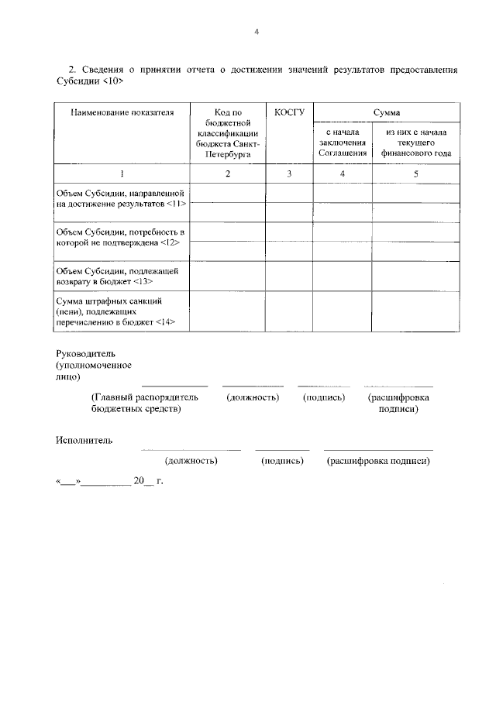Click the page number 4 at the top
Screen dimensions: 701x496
coord(256,32)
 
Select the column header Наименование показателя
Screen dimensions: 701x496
coord(121,112)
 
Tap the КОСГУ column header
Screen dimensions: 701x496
coord(289,112)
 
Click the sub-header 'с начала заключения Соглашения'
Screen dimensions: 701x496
coord(342,142)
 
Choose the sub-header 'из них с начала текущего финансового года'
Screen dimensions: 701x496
coord(415,142)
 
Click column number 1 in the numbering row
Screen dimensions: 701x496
coord(121,174)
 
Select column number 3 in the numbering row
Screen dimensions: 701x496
coord(289,174)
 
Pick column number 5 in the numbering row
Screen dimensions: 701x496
coord(415,174)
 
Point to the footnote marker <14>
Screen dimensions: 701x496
coord(165,321)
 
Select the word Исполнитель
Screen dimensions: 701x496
coord(84,441)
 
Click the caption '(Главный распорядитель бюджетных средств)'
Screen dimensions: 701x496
coord(144,403)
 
